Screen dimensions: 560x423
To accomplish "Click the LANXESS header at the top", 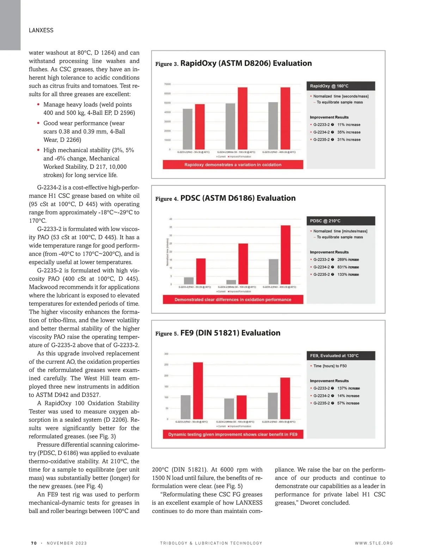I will (x=41, y=30).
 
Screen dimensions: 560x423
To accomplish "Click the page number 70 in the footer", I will (x=34, y=543).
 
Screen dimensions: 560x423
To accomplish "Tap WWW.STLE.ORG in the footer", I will (x=374, y=543).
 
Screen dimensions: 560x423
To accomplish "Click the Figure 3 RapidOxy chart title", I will (x=246, y=63).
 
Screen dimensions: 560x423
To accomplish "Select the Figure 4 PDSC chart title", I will (x=238, y=198).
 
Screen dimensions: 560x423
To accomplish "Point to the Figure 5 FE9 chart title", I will (x=230, y=333).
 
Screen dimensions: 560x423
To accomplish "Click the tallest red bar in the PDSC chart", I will (x=286, y=255).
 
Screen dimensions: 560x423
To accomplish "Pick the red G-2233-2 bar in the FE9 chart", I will (x=198, y=391).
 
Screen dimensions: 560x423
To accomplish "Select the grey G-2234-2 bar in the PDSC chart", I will (x=231, y=282).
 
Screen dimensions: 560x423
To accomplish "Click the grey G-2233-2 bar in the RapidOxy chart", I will (x=188, y=129).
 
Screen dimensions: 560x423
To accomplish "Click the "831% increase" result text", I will (x=348, y=267).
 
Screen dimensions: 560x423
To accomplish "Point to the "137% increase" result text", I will (x=348, y=388).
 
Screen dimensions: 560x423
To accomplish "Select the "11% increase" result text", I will (x=349, y=125).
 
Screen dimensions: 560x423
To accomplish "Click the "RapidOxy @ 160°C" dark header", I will (x=341, y=86).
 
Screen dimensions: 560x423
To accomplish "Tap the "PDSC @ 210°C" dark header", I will (x=341, y=221).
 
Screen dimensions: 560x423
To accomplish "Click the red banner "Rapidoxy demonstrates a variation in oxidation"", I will (x=233, y=165).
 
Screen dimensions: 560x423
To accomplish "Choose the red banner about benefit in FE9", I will (x=233, y=434).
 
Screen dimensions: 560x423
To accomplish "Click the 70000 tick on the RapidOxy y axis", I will (x=167, y=84).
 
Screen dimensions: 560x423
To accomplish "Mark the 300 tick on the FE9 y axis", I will (x=166, y=354).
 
